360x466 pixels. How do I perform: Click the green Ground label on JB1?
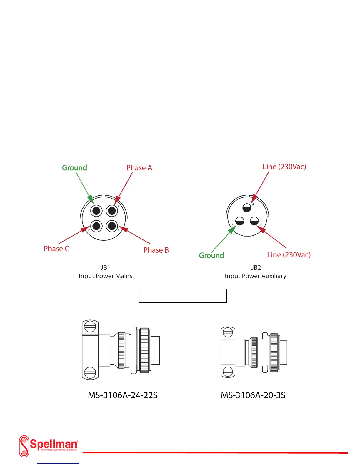point(74,168)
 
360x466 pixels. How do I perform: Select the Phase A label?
point(139,168)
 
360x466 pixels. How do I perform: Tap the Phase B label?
point(156,250)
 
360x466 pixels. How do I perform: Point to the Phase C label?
point(56,249)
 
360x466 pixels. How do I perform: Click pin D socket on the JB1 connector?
point(96,211)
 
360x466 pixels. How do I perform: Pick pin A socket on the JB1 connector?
point(112,211)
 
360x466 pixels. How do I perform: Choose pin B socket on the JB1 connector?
point(112,226)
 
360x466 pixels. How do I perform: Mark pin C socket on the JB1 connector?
point(96,226)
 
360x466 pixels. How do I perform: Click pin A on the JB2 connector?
point(247,208)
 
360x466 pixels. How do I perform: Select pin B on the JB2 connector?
point(254,221)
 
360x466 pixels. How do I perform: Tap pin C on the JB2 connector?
point(240,221)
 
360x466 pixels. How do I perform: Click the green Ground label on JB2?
point(211,255)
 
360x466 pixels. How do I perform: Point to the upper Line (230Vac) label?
point(284,167)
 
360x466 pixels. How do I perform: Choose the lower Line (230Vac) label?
point(289,255)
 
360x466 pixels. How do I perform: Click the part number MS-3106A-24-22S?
point(123,395)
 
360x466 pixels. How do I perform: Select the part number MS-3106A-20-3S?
point(253,395)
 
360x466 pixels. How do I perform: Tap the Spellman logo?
point(49,446)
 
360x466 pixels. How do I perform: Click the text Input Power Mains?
point(105,276)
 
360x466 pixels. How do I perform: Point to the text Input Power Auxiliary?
point(255,276)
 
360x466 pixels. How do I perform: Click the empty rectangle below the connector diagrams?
point(183,296)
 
